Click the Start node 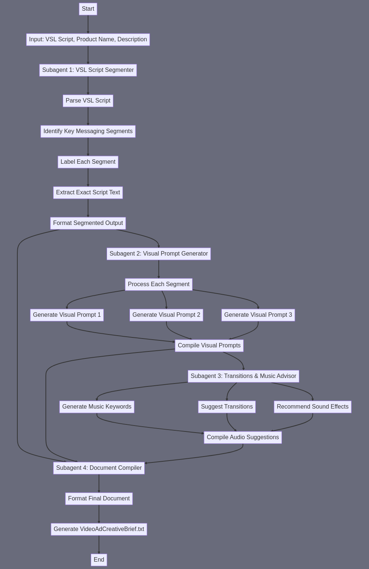88,9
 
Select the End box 99,560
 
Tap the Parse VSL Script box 88,101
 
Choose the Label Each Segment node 88,162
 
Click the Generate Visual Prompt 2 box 166,315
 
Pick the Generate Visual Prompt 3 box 258,315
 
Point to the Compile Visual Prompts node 209,346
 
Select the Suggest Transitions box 227,407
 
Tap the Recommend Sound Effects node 313,407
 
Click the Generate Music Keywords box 97,407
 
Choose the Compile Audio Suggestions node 243,437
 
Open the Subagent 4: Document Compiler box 99,468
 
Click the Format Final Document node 99,499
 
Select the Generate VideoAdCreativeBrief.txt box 99,529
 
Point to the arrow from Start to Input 88,24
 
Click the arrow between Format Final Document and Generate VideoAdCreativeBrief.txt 99,514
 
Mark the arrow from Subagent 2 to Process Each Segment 159,269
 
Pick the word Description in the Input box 132,39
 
